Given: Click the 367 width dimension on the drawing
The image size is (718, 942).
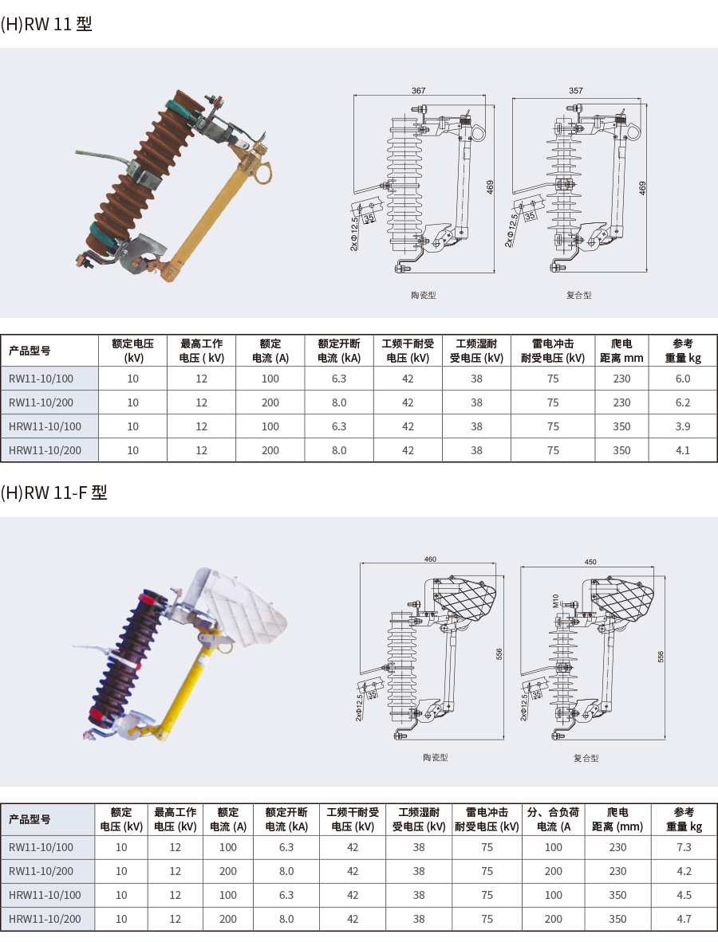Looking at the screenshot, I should tap(418, 91).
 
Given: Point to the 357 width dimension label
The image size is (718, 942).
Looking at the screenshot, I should tap(575, 91).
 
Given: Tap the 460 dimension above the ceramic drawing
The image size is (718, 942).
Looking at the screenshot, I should tap(430, 559).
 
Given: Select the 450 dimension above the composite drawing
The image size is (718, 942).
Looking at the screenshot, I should tap(590, 562).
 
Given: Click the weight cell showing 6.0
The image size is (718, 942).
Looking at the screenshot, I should tap(683, 379).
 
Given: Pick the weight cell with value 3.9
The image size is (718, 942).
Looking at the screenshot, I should tap(683, 426).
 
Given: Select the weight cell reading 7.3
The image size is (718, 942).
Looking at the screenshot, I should tap(684, 847).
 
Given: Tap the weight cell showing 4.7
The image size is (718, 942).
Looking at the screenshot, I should tap(684, 919).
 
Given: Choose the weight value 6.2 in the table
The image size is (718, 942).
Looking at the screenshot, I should tap(683, 402).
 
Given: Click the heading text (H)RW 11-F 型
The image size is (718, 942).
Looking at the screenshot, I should tap(54, 493).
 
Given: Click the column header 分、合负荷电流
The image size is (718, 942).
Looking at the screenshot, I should tap(553, 819).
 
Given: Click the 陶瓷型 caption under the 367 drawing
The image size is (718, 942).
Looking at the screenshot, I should tap(424, 295).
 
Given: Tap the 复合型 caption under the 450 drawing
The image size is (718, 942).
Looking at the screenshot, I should tap(586, 758).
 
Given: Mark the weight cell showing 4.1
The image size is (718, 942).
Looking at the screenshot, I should tap(683, 450).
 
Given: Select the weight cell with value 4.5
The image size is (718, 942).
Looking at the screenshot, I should tap(684, 895).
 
